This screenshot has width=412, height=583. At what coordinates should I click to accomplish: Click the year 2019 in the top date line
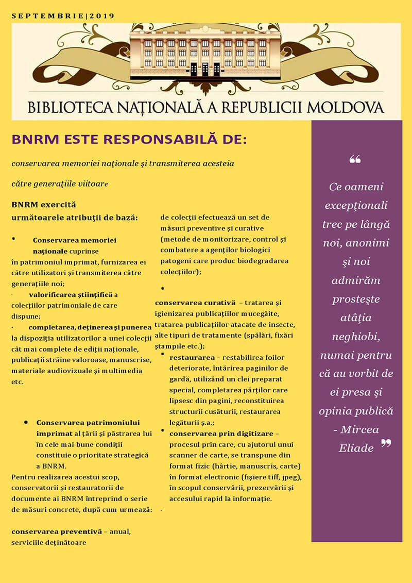tap(102, 16)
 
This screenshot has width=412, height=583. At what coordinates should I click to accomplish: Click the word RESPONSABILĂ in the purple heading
tap(158, 140)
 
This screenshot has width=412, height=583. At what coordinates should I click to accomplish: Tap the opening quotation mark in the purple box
tap(355, 159)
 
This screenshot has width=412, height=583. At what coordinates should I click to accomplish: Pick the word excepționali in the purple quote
tap(356, 206)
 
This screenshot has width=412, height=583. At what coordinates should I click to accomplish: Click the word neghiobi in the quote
tap(356, 337)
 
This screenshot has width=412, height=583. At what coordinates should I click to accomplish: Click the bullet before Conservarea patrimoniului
tap(26, 422)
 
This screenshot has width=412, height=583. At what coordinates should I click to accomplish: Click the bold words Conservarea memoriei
tap(74, 240)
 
